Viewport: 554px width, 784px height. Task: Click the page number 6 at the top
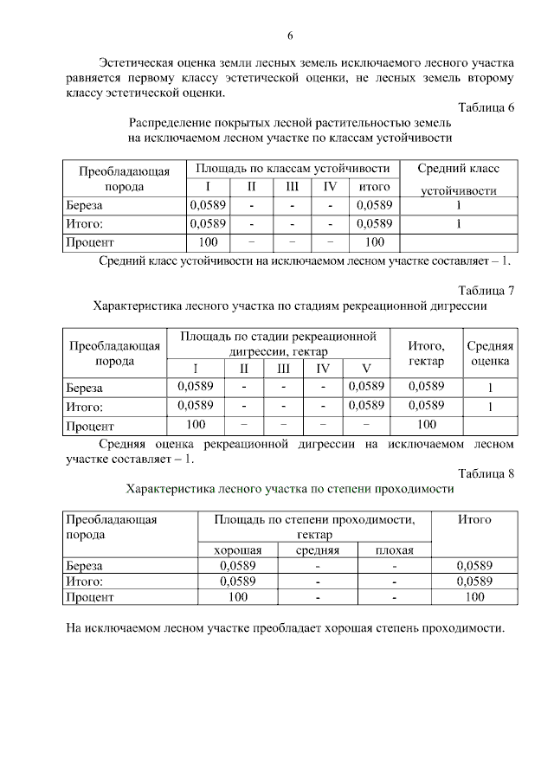290,35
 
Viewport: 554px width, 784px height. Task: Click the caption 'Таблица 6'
486,108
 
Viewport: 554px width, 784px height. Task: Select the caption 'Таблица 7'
486,290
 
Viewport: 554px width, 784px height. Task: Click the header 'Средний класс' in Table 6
458,168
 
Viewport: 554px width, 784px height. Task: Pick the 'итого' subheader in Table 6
374,186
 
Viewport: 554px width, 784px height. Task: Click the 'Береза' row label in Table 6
85,206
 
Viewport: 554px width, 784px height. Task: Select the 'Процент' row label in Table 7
90,426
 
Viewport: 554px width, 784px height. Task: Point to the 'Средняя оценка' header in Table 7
490,353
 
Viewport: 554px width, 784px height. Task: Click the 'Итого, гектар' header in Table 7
426,353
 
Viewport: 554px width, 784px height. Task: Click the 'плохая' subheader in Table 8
394,550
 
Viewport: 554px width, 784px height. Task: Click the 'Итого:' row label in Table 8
85,581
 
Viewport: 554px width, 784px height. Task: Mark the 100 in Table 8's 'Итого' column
474,596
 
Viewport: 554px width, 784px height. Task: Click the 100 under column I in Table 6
208,242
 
